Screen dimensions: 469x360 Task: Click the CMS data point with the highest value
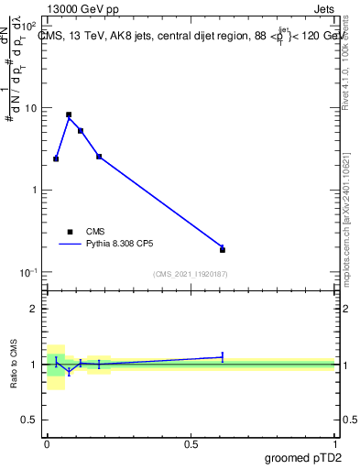click(69, 115)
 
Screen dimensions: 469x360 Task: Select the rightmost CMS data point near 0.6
click(223, 249)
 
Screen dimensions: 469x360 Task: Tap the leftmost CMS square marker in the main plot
click(56, 158)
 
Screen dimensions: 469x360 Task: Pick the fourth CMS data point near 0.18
click(99, 157)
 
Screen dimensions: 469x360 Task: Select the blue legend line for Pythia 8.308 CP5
click(70, 245)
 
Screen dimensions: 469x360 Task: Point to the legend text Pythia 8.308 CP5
click(119, 245)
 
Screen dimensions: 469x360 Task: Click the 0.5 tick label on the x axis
click(191, 444)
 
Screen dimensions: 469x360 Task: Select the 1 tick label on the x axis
click(334, 444)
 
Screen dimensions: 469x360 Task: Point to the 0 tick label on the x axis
click(47, 444)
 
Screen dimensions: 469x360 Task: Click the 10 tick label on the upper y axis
click(31, 108)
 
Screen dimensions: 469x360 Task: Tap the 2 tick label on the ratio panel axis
click(33, 309)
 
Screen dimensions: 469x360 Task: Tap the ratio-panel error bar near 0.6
click(223, 356)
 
